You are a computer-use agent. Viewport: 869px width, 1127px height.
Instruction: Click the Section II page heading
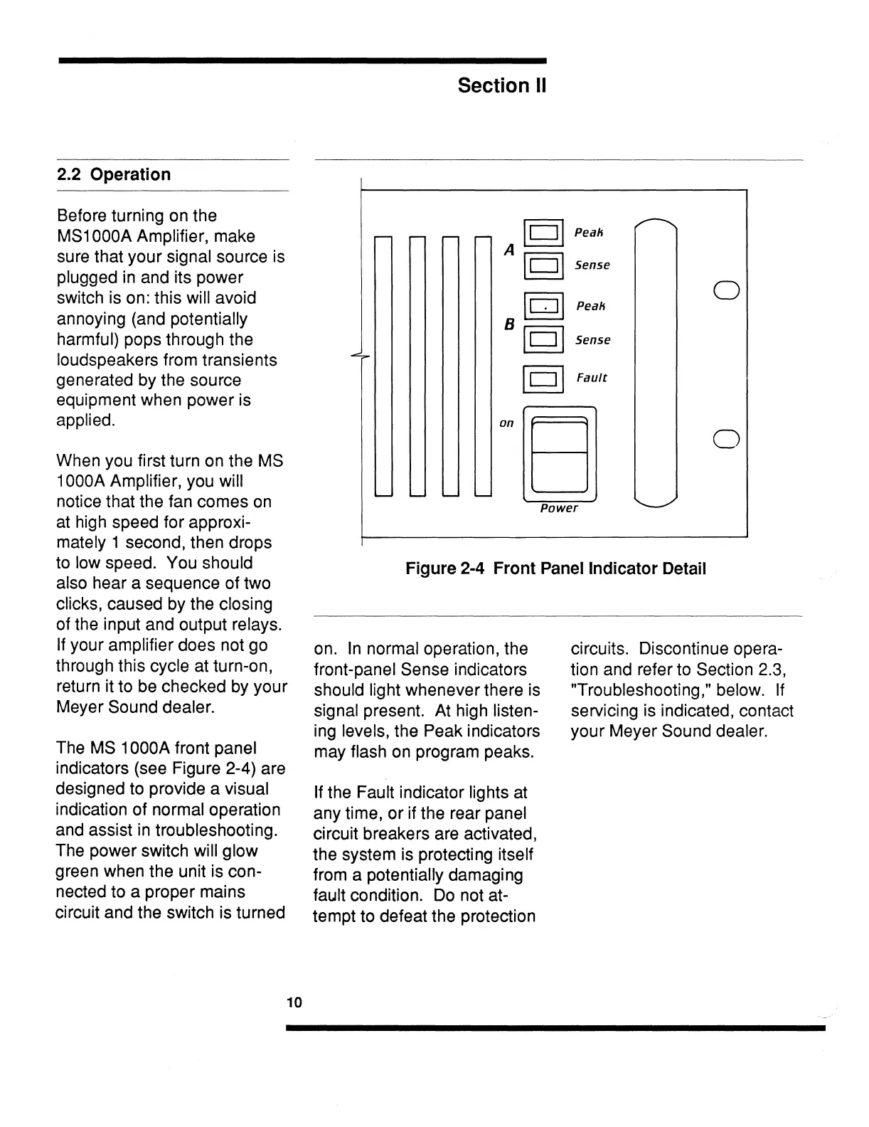pos(502,86)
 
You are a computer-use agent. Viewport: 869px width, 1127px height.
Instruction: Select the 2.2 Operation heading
pos(114,175)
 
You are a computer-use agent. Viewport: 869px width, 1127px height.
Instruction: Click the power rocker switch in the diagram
pos(559,453)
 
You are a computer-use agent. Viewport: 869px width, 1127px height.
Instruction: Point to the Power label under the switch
pos(559,508)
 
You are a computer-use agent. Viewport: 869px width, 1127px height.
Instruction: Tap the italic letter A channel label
pos(509,250)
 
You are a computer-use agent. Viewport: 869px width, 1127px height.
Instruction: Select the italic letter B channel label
pos(509,324)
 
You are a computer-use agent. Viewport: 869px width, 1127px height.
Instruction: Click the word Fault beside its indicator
pos(592,378)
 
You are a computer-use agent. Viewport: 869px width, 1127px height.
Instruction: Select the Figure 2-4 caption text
pos(555,569)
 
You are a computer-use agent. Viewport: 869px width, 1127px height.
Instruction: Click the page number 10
pos(294,1003)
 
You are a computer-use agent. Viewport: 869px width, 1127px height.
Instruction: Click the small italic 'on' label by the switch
pos(506,423)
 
